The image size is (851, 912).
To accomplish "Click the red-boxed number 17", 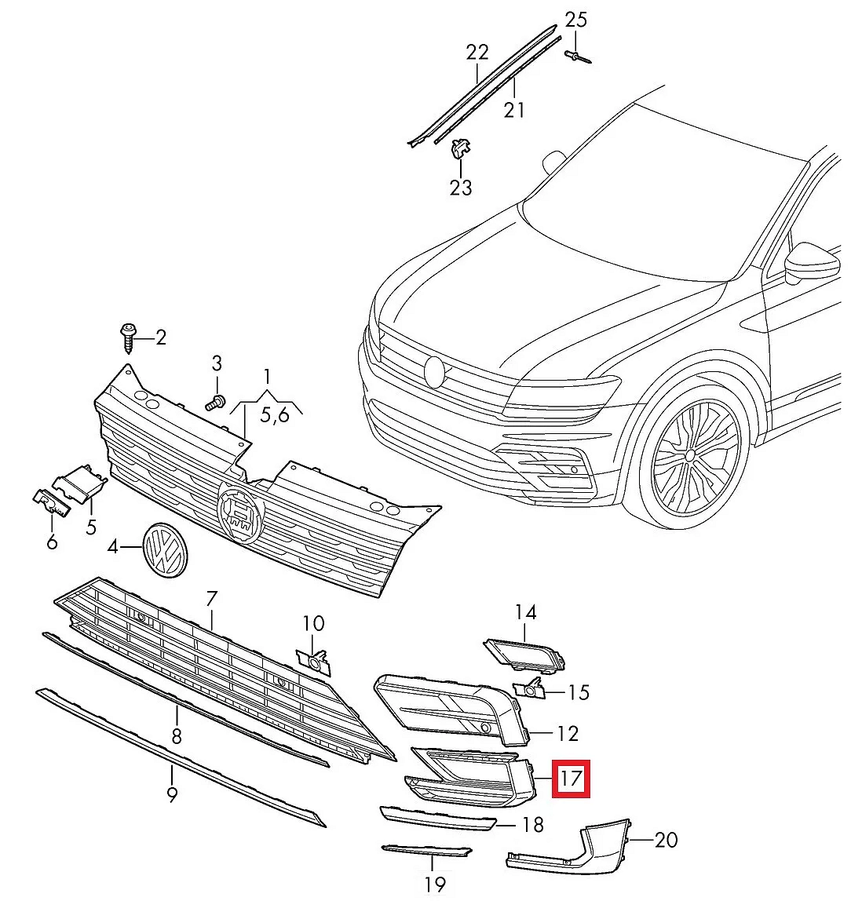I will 571,779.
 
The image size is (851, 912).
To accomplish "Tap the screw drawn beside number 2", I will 128,337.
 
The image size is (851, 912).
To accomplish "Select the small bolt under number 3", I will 214,403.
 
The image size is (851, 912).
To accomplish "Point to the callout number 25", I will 575,20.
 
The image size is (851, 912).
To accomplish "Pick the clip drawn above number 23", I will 460,148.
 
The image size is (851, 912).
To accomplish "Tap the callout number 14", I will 525,611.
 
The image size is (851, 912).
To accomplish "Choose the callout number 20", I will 665,840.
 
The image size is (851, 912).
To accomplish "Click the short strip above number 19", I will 426,851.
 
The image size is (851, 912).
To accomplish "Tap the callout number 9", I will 172,794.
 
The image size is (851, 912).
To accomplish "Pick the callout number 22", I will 477,53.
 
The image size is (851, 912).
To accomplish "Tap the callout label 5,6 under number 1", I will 274,414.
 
